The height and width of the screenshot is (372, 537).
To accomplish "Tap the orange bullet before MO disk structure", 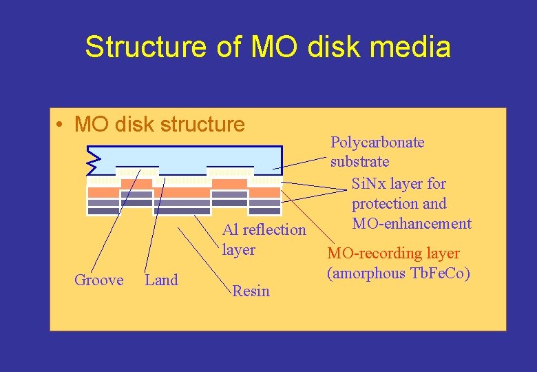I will (x=62, y=125).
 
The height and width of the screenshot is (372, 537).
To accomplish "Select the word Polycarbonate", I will (x=377, y=143).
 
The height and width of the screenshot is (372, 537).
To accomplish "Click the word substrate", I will (x=359, y=162).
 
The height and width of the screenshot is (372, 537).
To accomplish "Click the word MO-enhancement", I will (x=411, y=223).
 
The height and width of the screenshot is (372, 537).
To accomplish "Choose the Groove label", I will (x=98, y=280).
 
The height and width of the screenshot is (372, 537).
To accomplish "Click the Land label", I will (x=161, y=280).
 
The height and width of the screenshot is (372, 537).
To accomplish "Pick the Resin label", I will (x=251, y=291).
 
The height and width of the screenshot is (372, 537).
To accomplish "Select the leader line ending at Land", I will (x=155, y=220).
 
